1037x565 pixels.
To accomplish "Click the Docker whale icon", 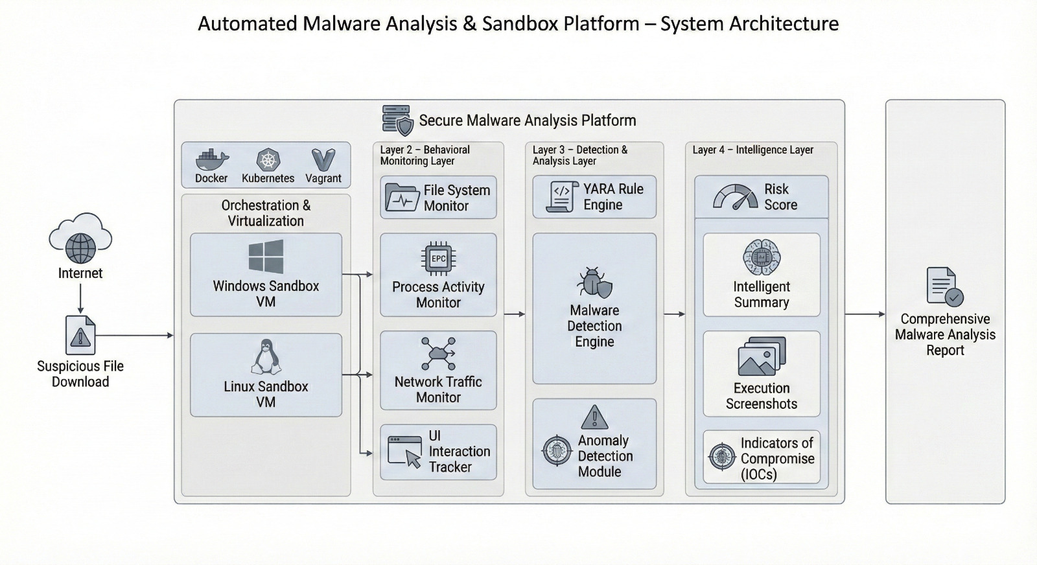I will click(x=212, y=159).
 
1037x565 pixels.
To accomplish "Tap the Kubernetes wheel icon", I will click(x=268, y=159).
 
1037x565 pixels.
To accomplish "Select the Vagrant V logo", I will click(x=323, y=159).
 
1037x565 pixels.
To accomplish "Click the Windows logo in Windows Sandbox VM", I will click(x=266, y=257).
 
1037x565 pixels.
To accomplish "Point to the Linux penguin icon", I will click(x=266, y=357).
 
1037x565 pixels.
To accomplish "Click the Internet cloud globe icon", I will click(x=80, y=239).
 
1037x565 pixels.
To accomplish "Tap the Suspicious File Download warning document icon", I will click(x=80, y=335).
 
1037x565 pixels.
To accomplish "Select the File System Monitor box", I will click(x=438, y=198).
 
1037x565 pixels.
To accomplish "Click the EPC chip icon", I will click(x=438, y=259).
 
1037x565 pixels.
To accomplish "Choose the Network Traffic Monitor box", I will click(x=438, y=371).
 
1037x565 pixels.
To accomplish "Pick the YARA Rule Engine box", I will click(x=594, y=197).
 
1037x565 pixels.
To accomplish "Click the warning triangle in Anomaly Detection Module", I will click(x=594, y=417).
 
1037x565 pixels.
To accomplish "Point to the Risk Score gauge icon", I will click(x=735, y=197).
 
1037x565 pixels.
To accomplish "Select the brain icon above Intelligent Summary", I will click(x=762, y=257).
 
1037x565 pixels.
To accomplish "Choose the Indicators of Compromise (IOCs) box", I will click(x=762, y=457).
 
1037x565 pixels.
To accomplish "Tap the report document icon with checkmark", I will click(x=944, y=286).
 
